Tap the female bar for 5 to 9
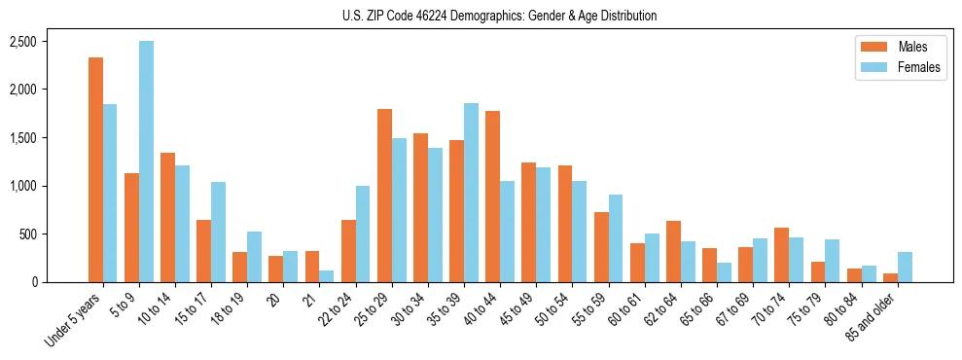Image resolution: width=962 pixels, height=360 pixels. [x=146, y=162]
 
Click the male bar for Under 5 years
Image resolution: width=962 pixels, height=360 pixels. [x=95, y=170]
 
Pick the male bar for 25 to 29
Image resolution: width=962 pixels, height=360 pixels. [x=384, y=196]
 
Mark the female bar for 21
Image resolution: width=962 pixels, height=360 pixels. [x=327, y=276]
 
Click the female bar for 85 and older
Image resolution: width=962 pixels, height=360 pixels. [x=905, y=268]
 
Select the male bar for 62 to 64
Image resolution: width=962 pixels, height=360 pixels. [x=673, y=252]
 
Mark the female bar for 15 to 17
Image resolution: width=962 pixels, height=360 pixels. [x=218, y=233]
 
